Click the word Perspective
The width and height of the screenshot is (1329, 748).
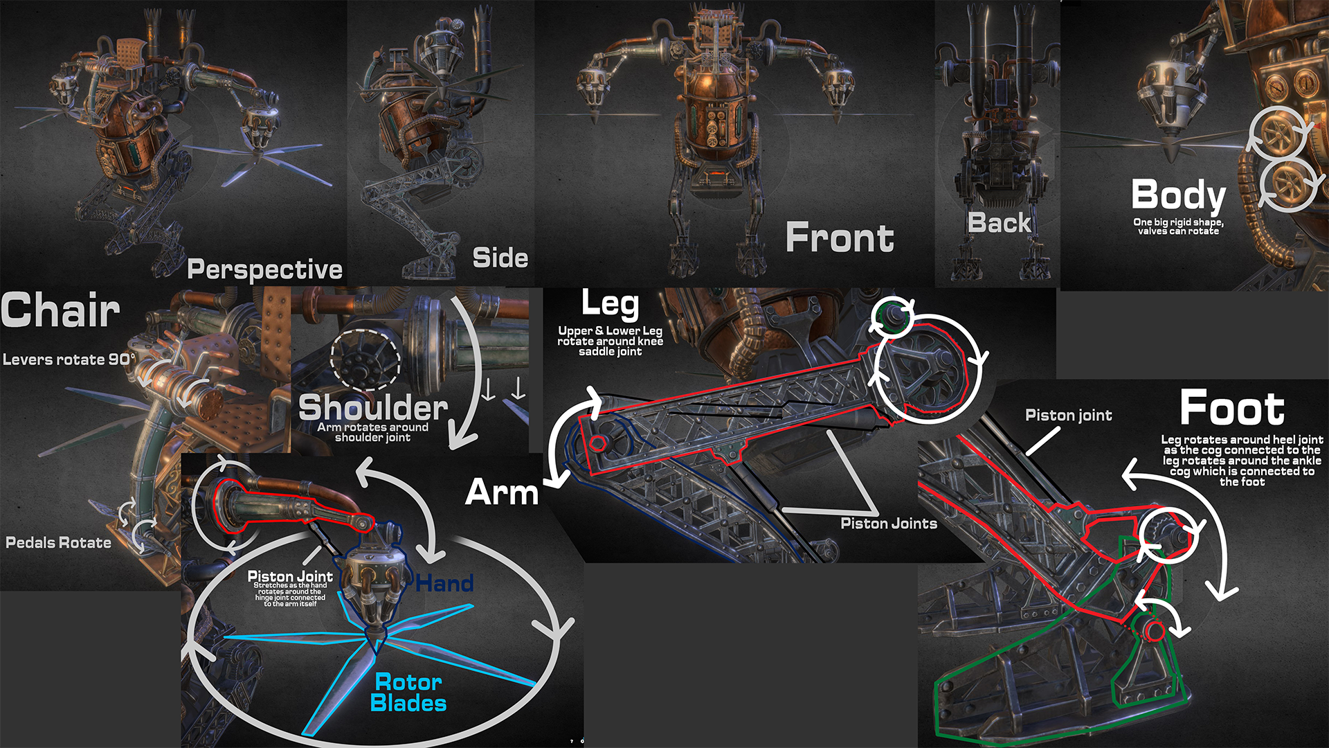pos(264,269)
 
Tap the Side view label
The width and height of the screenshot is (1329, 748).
pos(500,258)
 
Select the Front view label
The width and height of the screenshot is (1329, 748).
pos(839,238)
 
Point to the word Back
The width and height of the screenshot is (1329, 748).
pos(999,223)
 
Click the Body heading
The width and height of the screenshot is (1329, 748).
pos(1178,195)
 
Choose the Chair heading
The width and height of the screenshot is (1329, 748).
pos(61,310)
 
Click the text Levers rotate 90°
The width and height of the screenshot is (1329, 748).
pos(69,359)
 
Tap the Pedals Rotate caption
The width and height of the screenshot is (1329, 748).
pos(58,543)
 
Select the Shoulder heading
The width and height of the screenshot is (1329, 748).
pos(372,407)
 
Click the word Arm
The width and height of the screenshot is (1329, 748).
pos(502,492)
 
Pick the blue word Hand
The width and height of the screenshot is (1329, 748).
pos(444,583)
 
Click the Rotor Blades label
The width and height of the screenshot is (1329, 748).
pos(408,693)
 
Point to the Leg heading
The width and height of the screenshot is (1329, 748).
pos(610,303)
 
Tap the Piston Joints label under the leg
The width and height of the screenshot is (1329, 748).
pos(889,524)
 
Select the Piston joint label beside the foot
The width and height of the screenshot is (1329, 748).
pos(1068,416)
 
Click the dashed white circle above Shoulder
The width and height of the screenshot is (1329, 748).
pos(365,359)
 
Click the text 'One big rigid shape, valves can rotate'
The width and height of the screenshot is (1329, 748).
pos(1178,226)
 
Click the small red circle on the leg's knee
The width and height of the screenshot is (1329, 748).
pos(598,443)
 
